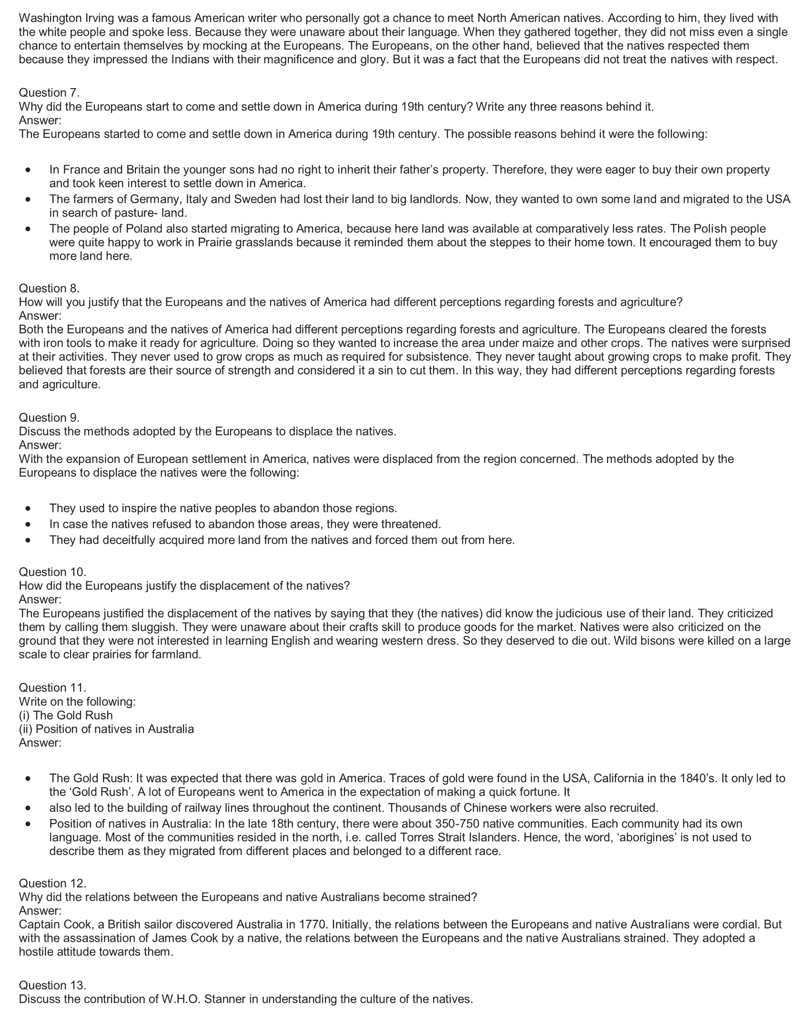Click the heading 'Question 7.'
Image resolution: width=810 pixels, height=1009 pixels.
[x=49, y=92]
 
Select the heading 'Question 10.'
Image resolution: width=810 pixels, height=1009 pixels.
[x=52, y=572]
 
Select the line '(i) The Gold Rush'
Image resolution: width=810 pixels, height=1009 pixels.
[x=66, y=715]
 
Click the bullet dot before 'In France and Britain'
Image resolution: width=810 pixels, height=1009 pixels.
[x=30, y=170]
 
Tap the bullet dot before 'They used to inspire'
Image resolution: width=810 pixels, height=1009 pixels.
[x=30, y=508]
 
